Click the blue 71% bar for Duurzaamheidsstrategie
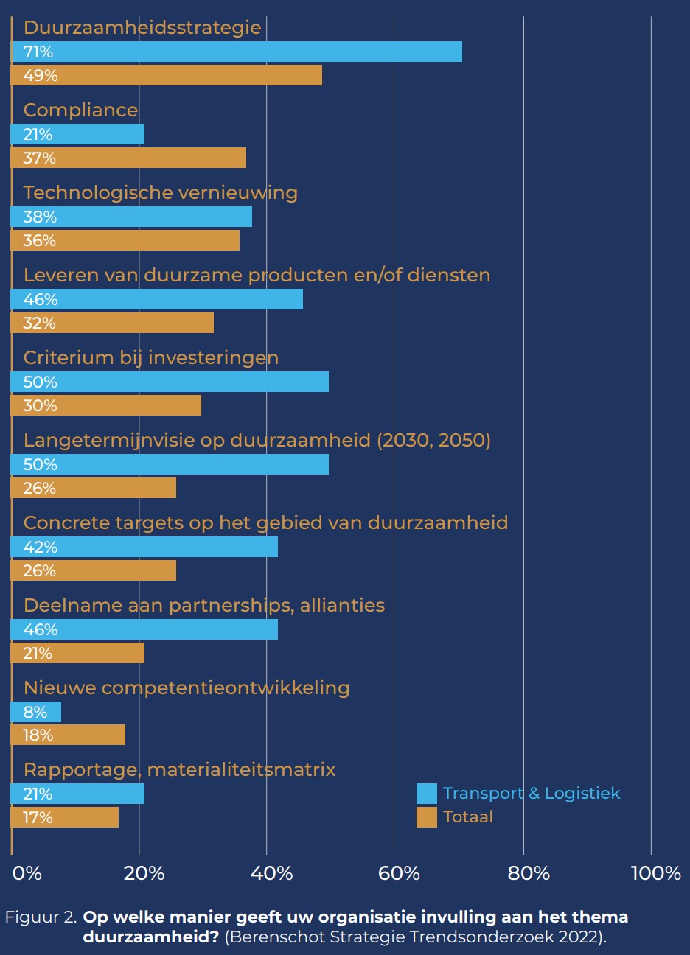(237, 52)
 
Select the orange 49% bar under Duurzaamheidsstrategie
(167, 75)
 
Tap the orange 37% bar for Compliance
(129, 158)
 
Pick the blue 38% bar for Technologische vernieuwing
(132, 217)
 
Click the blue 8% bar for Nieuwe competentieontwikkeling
(36, 712)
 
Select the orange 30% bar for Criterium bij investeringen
(106, 405)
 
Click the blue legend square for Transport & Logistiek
(426, 794)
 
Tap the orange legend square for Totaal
(426, 817)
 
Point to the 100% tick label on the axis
(655, 874)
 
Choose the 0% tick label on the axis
(27, 874)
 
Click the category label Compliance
(80, 110)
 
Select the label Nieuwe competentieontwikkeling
(187, 688)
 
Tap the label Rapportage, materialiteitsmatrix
(179, 769)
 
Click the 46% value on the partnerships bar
(41, 629)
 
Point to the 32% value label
(39, 323)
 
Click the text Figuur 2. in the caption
(41, 917)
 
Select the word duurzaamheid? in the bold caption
(150, 937)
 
